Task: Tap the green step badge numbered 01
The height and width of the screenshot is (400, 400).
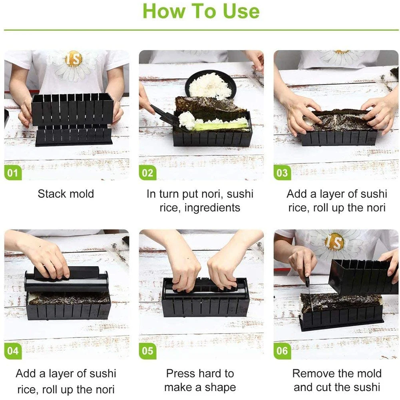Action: (x=13, y=173)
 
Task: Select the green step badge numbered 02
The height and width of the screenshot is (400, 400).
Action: (x=147, y=173)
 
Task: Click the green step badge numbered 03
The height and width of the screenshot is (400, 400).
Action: (x=282, y=173)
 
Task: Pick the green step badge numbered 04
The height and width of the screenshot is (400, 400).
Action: (x=13, y=351)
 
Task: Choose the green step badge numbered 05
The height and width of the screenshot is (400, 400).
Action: (x=147, y=351)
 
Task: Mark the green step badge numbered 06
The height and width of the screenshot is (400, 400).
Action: (x=282, y=351)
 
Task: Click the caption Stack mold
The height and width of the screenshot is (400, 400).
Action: (x=66, y=194)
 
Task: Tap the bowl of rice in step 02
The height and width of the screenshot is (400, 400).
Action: (x=209, y=85)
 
